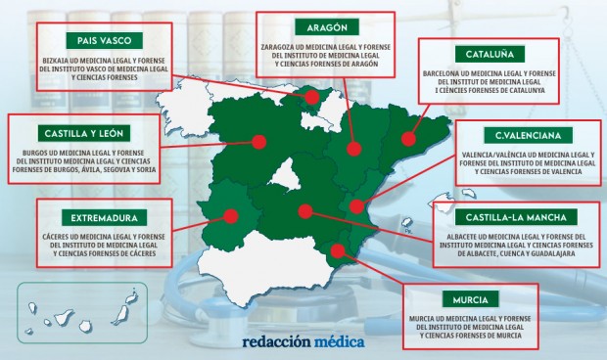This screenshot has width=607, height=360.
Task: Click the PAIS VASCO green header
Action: point(105,40)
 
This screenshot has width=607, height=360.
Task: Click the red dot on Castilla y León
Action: point(258,142)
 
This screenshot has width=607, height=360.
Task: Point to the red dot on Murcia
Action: point(340,250)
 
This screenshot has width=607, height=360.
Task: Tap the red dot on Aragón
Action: point(354,149)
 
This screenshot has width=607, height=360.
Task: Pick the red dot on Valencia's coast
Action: point(357,206)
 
